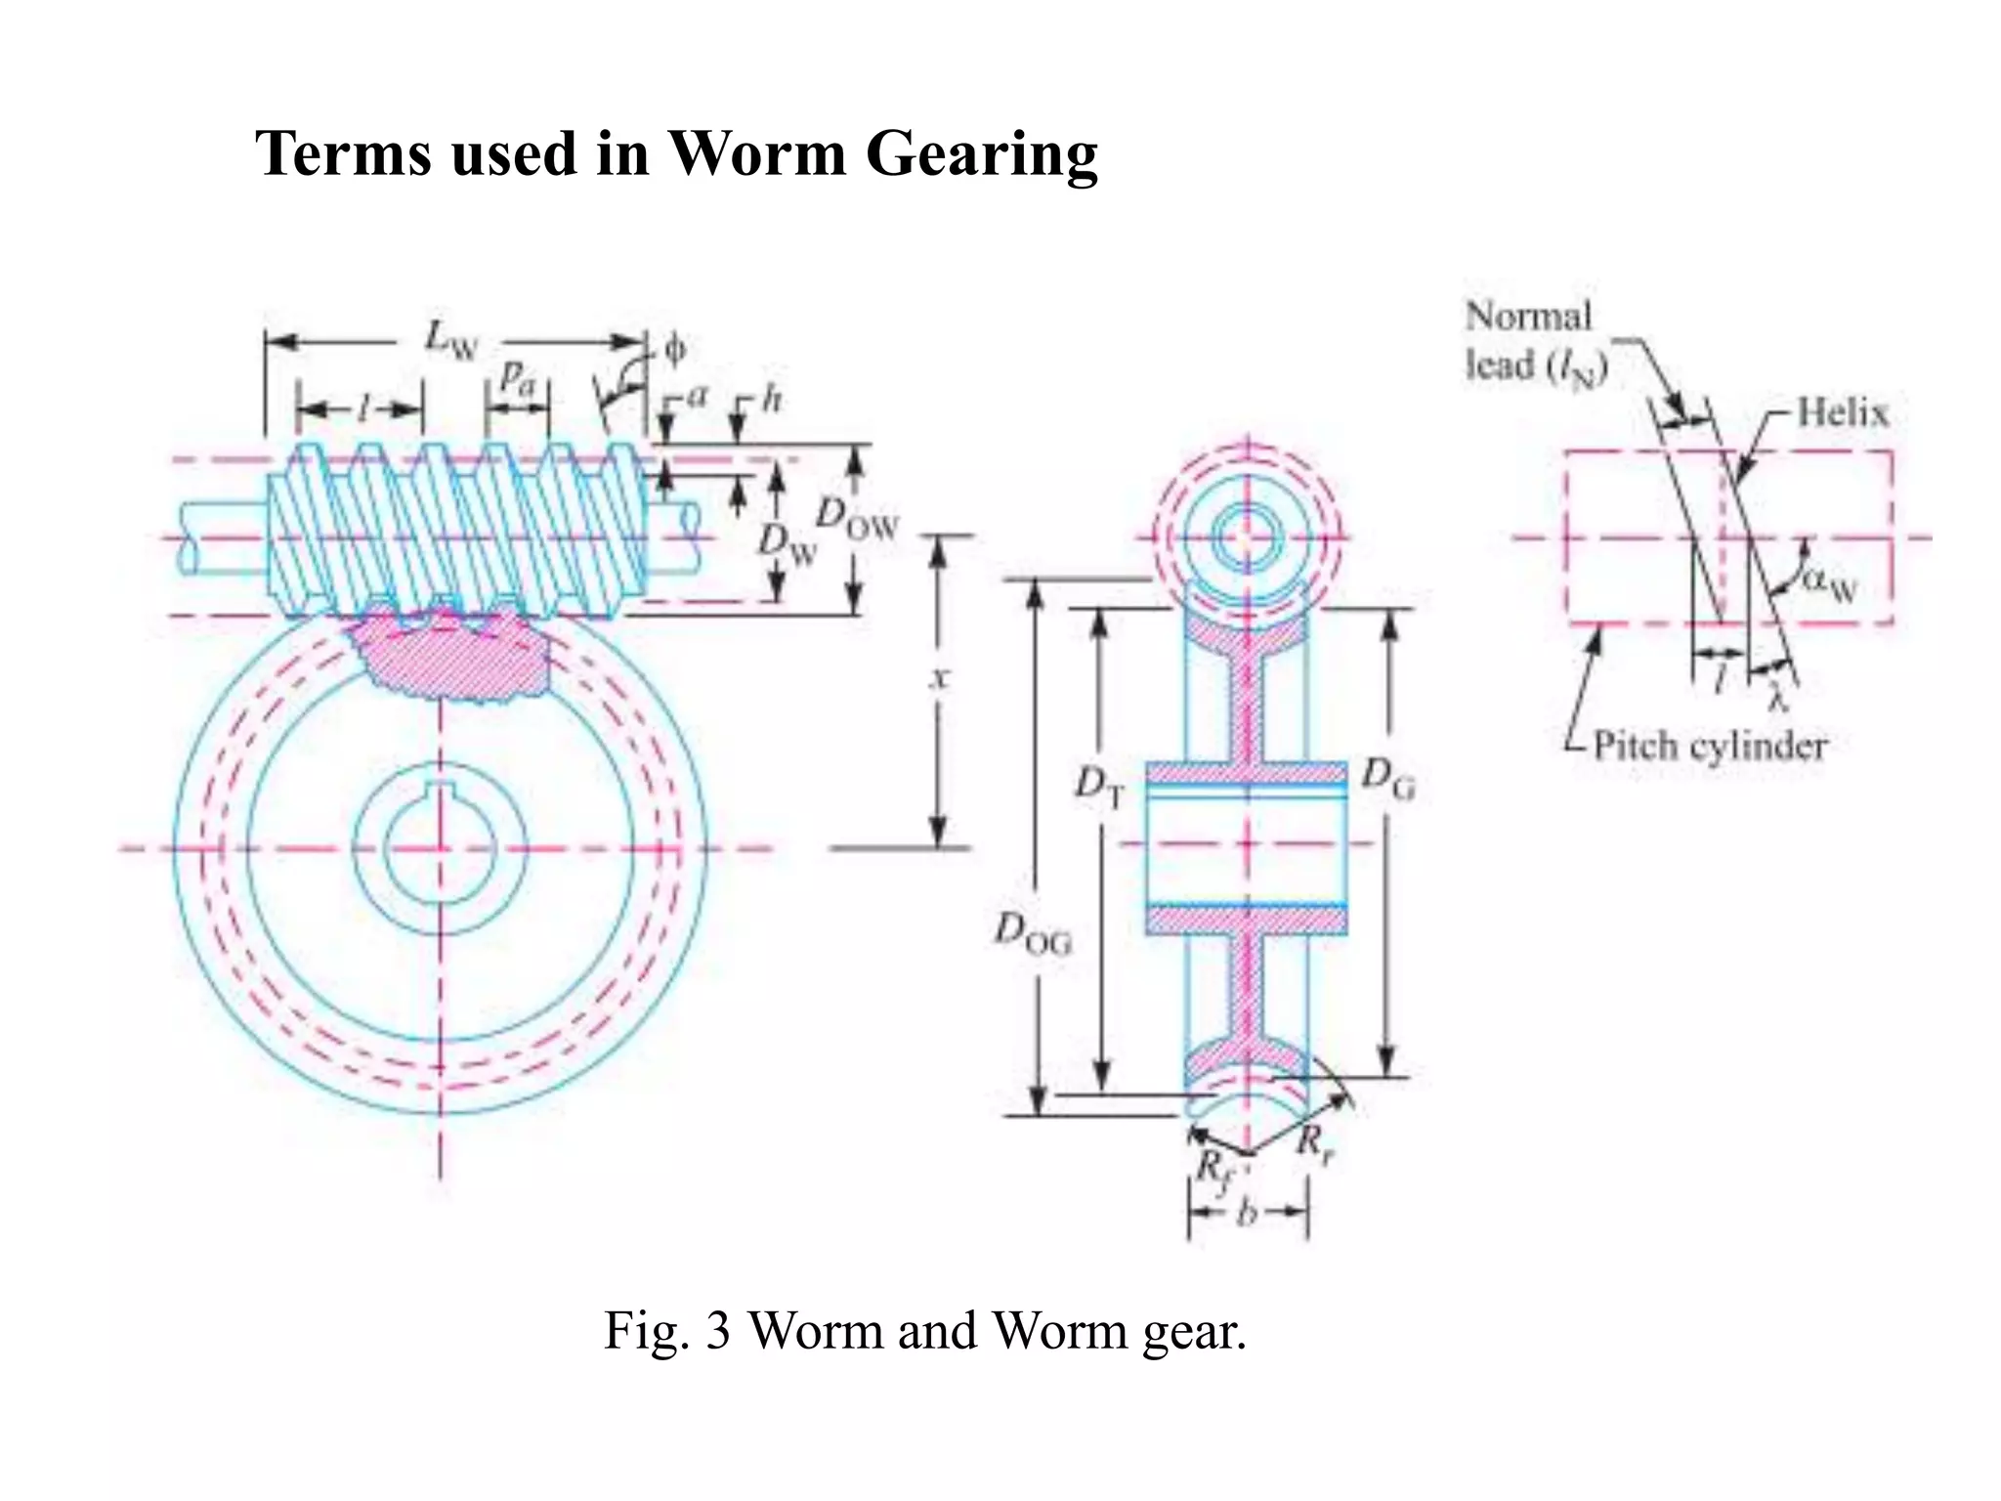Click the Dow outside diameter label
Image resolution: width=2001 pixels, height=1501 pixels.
856,518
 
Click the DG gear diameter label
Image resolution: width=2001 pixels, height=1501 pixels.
1388,779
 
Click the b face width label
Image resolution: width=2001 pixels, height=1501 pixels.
1247,1214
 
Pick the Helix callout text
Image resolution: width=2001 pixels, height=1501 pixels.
1843,412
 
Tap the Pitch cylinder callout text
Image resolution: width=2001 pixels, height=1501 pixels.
1710,746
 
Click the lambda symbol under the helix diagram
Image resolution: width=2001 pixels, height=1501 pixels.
1779,698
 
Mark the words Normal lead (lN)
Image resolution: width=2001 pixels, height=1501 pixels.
1534,341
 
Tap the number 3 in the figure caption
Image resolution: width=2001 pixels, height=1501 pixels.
718,1331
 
